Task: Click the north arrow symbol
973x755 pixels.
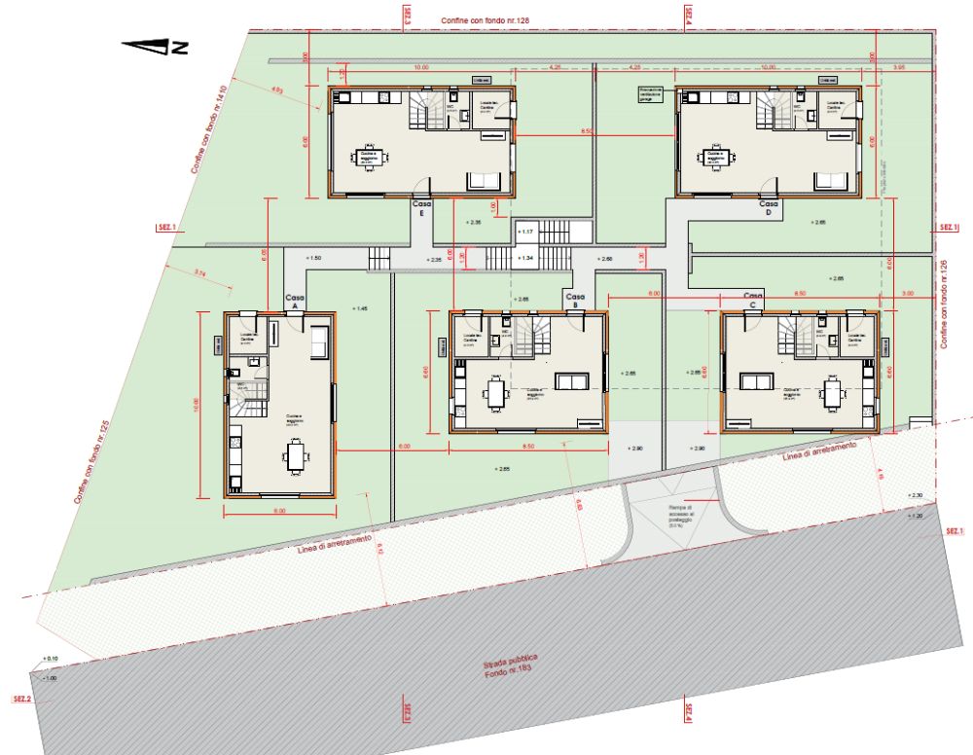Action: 155,45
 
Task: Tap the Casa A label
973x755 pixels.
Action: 292,301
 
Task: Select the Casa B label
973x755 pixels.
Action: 575,301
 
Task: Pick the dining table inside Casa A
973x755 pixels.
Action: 295,454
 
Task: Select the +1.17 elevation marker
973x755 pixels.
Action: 526,232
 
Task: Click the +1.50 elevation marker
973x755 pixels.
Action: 313,257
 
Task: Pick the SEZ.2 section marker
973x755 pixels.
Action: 19,700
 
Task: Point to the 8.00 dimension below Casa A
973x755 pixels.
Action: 279,510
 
